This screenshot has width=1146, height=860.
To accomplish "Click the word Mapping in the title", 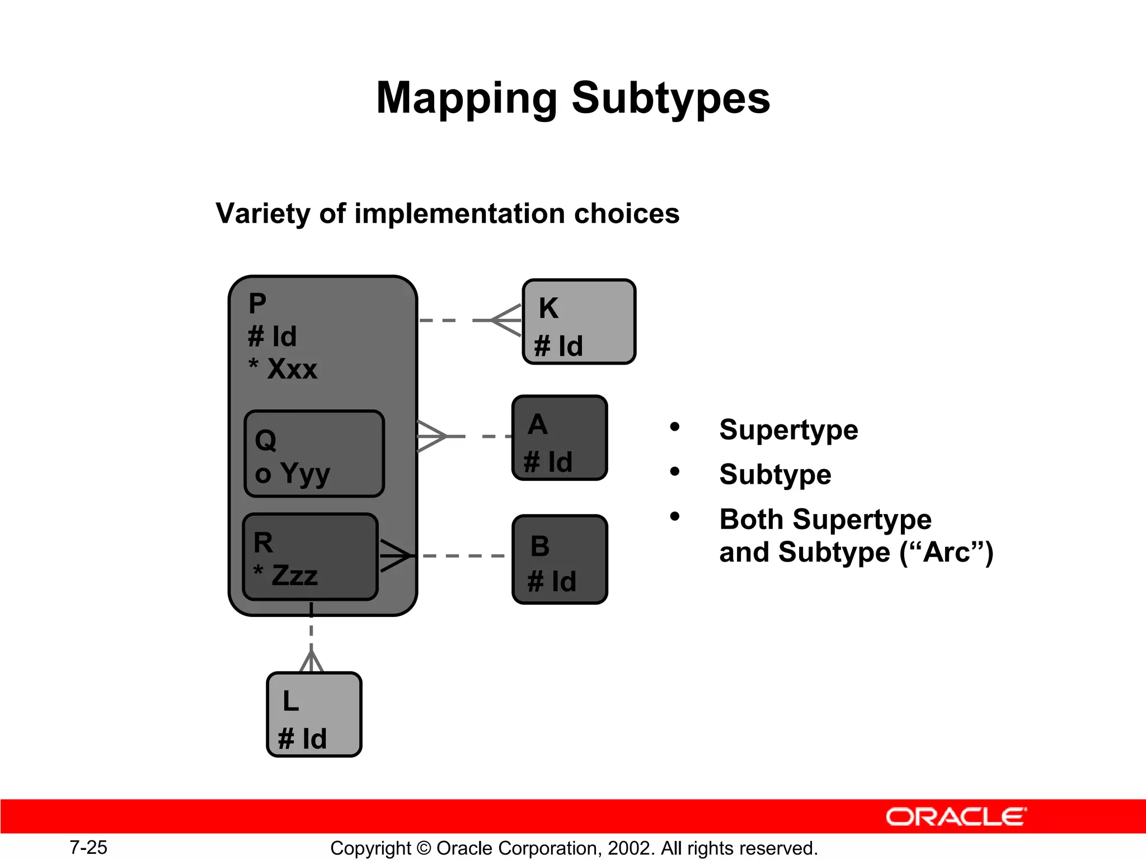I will pyautogui.click(x=467, y=99).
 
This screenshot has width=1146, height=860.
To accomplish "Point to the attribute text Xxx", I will pyautogui.click(x=292, y=369).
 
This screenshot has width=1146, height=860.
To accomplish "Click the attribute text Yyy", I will pyautogui.click(x=305, y=474).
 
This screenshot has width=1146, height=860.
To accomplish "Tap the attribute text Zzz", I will pyautogui.click(x=294, y=576).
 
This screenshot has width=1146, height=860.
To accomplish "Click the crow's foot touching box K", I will pyautogui.click(x=506, y=320).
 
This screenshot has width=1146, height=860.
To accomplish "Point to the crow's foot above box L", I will pyautogui.click(x=311, y=662).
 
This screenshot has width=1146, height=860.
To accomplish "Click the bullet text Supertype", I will pyautogui.click(x=788, y=430).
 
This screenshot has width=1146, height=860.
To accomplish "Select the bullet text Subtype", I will pyautogui.click(x=775, y=475).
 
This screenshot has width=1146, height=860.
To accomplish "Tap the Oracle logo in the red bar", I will pyautogui.click(x=956, y=817).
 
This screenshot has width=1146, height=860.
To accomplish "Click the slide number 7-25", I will pyautogui.click(x=88, y=847).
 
